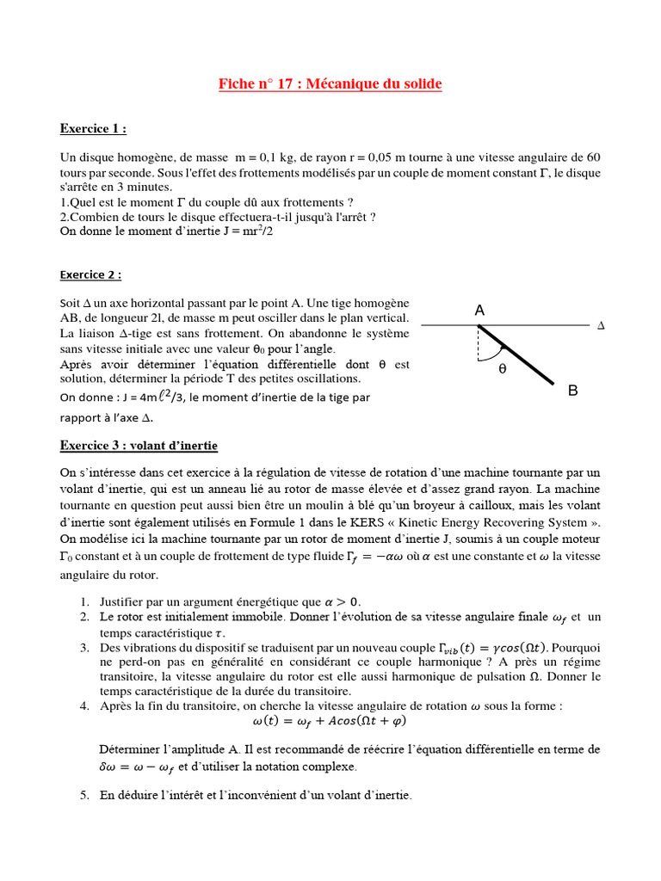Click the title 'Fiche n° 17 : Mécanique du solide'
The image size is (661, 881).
point(330,83)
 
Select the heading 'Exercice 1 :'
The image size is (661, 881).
point(93,129)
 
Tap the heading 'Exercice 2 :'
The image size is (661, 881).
point(90,274)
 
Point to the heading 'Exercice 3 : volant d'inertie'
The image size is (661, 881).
point(139,446)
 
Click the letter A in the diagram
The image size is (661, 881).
point(479,310)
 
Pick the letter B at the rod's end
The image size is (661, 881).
point(573,391)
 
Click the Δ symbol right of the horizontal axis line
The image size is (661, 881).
point(601,326)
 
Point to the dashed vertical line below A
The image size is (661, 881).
point(479,342)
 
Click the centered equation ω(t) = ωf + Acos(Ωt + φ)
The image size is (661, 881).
point(330,721)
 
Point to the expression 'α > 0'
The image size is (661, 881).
point(342,601)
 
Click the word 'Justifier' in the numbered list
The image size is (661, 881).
point(127,601)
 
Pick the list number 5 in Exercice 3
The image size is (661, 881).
point(85,796)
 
